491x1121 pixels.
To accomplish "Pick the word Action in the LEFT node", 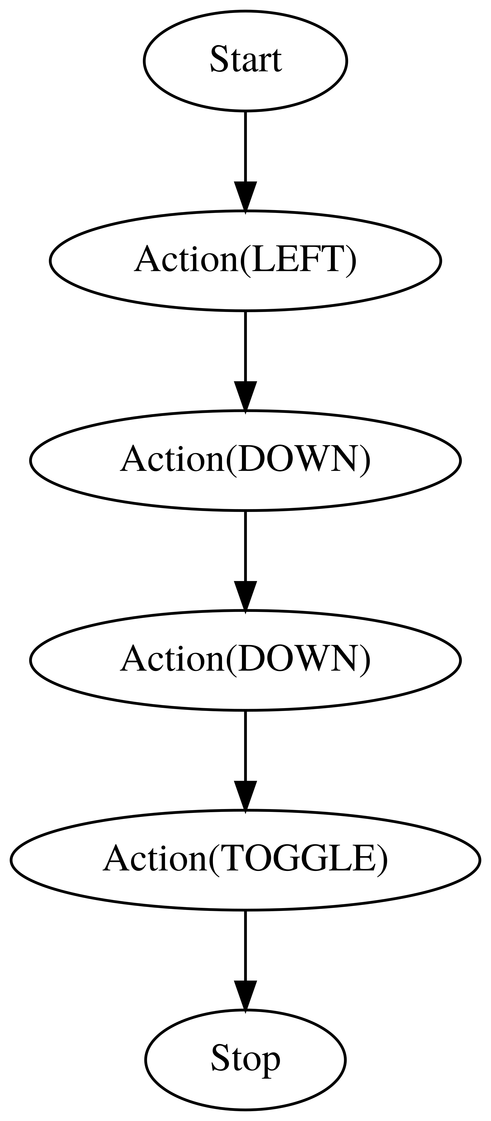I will [185, 260].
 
